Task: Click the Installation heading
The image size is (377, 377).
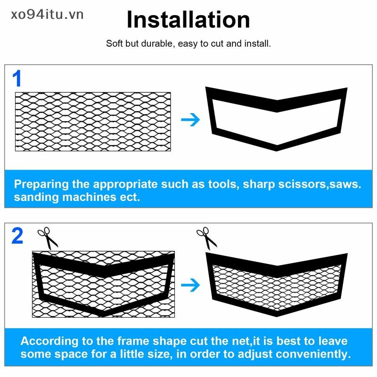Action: [188, 20]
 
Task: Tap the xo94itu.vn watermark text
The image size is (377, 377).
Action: [47, 15]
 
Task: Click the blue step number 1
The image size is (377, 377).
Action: [17, 78]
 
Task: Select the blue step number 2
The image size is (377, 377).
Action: [17, 236]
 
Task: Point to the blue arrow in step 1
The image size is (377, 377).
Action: [190, 120]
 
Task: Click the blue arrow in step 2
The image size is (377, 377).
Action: [190, 285]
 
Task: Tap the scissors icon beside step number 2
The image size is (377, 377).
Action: [48, 238]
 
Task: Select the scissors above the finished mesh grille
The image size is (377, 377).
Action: [206, 238]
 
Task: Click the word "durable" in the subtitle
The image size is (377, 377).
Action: [157, 44]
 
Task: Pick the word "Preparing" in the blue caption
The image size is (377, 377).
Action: [41, 184]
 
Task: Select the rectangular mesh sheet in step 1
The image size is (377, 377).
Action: [93, 122]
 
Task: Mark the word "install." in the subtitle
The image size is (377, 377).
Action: [257, 43]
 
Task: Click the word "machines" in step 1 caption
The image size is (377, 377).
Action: [89, 197]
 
